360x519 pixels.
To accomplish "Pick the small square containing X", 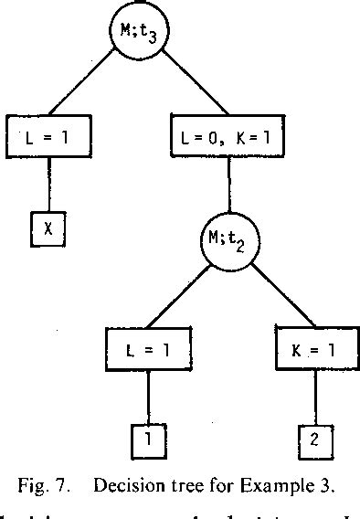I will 48,228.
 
